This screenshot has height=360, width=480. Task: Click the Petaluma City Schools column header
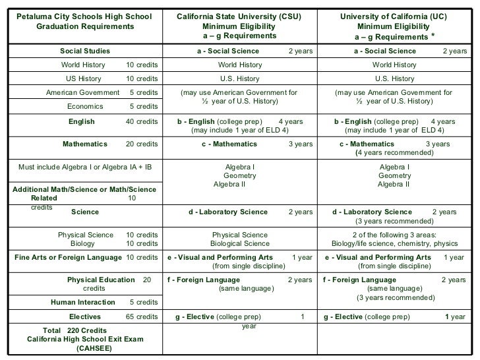[x=84, y=20]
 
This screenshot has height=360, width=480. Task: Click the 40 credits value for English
[x=142, y=122]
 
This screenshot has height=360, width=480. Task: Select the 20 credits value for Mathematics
[x=142, y=144]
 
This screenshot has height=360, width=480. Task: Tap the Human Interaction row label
[x=82, y=303]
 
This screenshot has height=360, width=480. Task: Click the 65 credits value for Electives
[x=142, y=317]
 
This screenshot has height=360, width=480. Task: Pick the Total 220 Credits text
[x=75, y=330]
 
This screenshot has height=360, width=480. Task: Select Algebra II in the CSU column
[x=229, y=185]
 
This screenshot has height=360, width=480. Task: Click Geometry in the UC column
[x=394, y=176]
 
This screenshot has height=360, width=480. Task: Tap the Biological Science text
[x=239, y=243]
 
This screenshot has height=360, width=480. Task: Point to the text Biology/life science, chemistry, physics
[x=394, y=243]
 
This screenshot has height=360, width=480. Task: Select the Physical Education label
[x=100, y=280]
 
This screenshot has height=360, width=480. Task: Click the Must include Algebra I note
[x=84, y=167]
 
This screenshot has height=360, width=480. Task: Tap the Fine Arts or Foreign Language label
[x=68, y=257]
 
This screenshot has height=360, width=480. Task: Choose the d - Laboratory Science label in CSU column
[x=228, y=212]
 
